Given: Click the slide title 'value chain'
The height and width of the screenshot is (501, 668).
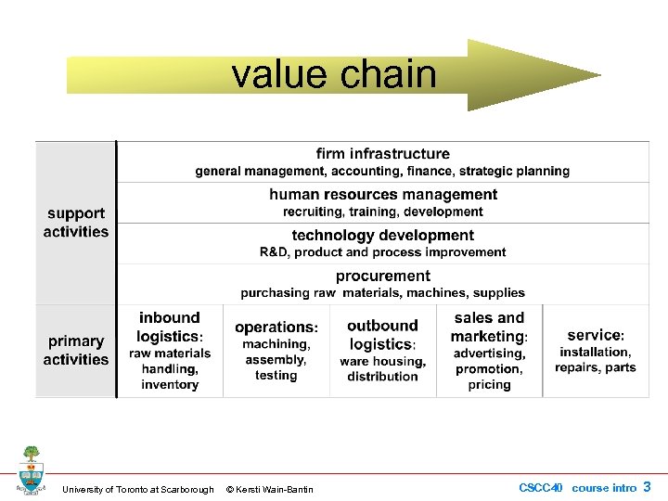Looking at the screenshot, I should point(334,74).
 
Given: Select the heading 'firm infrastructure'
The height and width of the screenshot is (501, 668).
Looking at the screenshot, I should point(382,154).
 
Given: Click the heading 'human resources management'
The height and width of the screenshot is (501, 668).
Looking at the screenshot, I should point(383,195).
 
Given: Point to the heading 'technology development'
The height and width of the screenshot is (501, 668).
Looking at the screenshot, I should point(382,236).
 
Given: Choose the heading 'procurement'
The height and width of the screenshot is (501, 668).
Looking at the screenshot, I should point(382,276).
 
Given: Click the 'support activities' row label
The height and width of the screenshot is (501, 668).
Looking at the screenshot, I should point(76,223).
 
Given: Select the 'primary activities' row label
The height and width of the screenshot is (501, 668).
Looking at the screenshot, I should point(76,351).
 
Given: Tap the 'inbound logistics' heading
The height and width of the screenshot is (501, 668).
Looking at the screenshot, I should point(170,327).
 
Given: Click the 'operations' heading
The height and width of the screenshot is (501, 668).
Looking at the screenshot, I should point(276,328).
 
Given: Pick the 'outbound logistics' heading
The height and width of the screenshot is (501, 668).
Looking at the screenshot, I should point(382,335).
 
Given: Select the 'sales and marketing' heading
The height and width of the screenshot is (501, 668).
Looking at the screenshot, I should point(489,328).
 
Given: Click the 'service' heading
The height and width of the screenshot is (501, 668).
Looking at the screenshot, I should point(596,335).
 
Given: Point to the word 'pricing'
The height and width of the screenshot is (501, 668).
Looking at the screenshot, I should point(489,385).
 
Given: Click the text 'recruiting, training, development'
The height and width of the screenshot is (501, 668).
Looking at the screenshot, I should point(382,212).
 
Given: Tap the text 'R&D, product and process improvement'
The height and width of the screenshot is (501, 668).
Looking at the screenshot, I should point(382,252).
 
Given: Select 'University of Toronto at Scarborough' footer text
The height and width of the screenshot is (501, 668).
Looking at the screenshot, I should point(137,489).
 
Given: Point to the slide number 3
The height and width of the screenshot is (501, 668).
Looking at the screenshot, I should point(647,487).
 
